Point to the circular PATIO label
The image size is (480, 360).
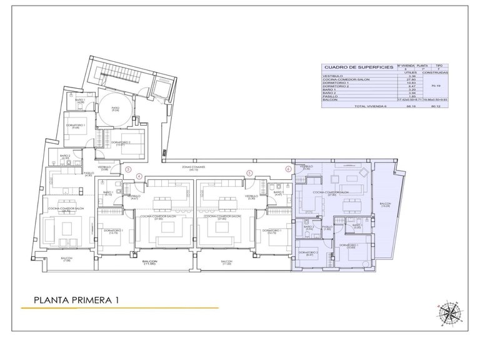pyautogui.click(x=116, y=109)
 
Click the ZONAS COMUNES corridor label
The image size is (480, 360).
pyautogui.click(x=189, y=168)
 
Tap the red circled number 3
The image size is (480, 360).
pyautogui.click(x=127, y=169)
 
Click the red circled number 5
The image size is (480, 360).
pyautogui.click(x=249, y=174)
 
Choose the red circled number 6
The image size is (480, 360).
pyautogui.click(x=288, y=169)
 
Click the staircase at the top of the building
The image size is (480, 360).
pyautogui.click(x=112, y=74)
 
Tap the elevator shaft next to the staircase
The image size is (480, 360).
pyautogui.click(x=162, y=88)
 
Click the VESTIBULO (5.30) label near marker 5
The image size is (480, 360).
pyautogui.click(x=251, y=197)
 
